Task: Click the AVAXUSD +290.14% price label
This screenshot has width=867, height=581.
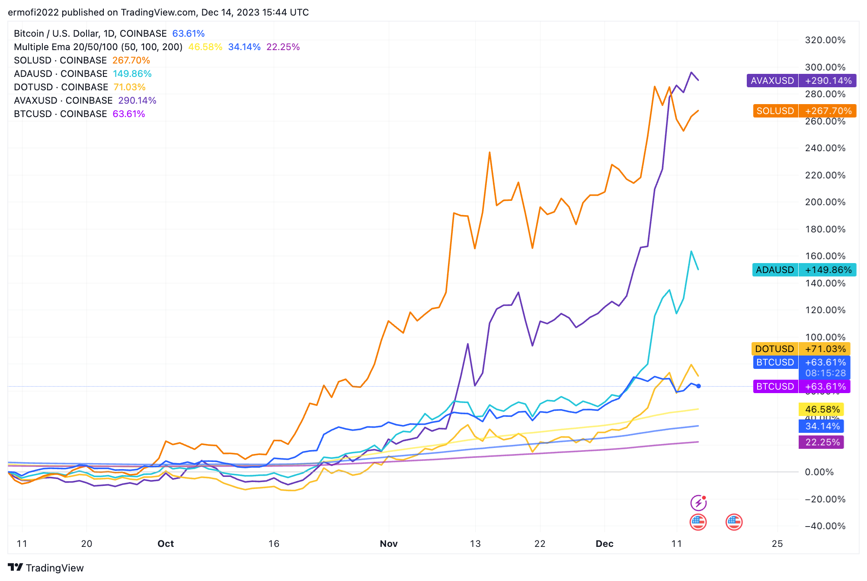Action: (x=801, y=81)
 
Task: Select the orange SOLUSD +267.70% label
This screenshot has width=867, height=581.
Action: (x=804, y=111)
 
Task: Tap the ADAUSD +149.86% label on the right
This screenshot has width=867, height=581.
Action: (x=804, y=270)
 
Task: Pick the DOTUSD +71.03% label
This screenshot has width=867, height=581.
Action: (x=800, y=349)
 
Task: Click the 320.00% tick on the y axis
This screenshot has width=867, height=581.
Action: (x=825, y=40)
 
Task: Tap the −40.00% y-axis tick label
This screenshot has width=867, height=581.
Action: (x=825, y=526)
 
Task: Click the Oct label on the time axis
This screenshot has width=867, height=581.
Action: (x=166, y=543)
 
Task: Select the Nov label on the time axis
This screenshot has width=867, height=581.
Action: (x=388, y=543)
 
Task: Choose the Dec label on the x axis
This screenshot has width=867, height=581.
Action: (x=604, y=543)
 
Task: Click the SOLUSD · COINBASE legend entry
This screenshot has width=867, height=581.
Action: (x=60, y=60)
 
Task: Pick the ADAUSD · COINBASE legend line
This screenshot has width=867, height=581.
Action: (x=61, y=74)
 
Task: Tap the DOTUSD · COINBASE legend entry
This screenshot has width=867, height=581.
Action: (x=61, y=87)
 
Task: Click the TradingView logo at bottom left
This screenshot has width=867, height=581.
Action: (x=46, y=568)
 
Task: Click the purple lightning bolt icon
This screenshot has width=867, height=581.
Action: (x=698, y=503)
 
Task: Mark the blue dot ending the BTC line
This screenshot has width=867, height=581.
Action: (x=698, y=386)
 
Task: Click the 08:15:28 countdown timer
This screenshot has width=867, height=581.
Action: (x=825, y=373)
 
